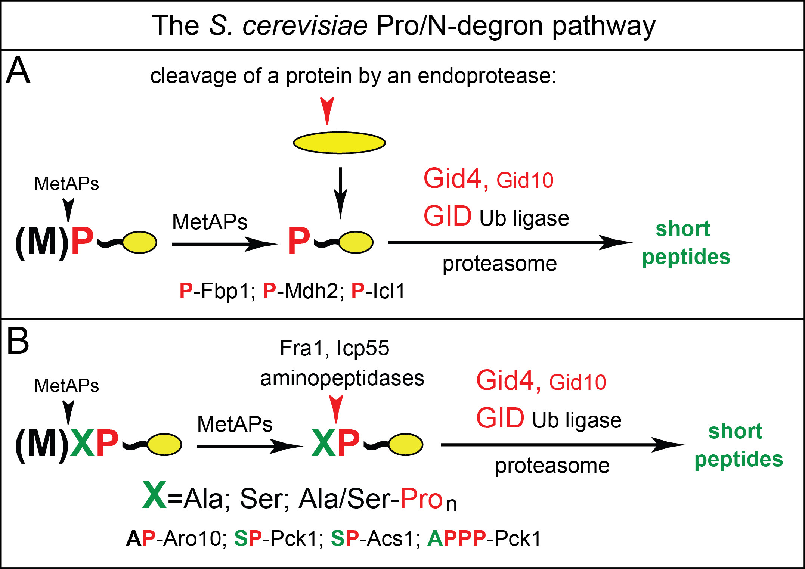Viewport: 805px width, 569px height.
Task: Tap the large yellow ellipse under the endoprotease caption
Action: (x=339, y=143)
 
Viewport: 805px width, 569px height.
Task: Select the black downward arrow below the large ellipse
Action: (x=340, y=192)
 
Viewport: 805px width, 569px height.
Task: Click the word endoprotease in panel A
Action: (x=486, y=76)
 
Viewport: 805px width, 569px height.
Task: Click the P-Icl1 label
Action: (x=378, y=291)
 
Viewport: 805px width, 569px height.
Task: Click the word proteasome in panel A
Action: (x=499, y=264)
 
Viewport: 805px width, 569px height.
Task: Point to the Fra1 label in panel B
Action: (x=301, y=348)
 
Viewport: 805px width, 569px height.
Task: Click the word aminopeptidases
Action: (x=342, y=378)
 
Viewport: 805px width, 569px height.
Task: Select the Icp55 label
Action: (x=363, y=348)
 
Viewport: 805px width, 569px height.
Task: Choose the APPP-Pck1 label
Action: (x=484, y=538)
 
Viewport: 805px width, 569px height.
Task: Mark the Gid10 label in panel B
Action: (x=578, y=382)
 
